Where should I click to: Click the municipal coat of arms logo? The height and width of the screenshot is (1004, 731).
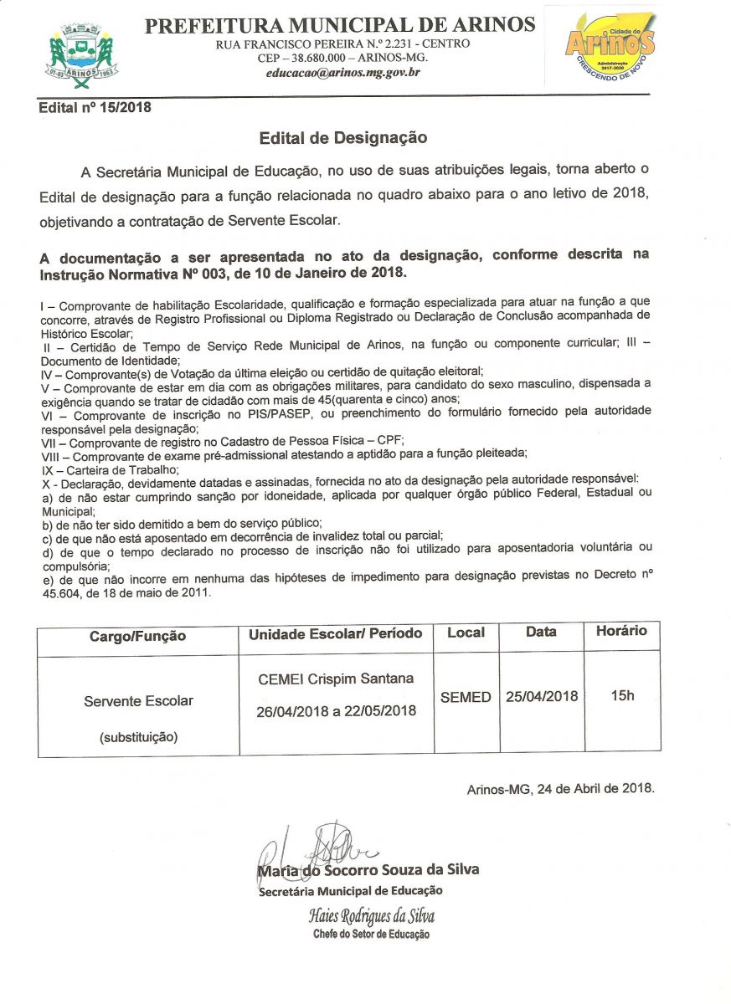80,53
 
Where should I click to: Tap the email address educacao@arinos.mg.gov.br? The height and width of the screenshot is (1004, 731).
343,73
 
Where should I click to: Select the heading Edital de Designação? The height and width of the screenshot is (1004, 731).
343,137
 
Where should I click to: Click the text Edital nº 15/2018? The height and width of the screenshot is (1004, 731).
95,107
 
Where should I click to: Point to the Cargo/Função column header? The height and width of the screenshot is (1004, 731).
137,636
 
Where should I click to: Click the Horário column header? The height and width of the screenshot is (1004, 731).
621,631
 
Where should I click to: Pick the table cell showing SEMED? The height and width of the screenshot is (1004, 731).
466,697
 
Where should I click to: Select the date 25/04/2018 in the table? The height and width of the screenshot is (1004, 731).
542,696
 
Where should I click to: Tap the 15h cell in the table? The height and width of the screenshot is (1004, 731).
622,695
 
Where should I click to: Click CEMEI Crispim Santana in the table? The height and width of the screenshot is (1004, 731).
336,679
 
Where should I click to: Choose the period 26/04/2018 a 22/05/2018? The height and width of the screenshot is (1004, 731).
336,711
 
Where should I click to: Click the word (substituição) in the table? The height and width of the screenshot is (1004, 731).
138,737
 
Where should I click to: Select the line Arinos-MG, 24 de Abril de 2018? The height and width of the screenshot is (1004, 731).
560,788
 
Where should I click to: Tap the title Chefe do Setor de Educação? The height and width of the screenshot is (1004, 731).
371,934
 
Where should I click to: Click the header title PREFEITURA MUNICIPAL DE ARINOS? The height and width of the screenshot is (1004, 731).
340,25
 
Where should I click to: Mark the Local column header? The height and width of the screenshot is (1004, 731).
466,632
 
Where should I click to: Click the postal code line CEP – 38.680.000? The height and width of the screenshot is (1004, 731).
342,58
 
